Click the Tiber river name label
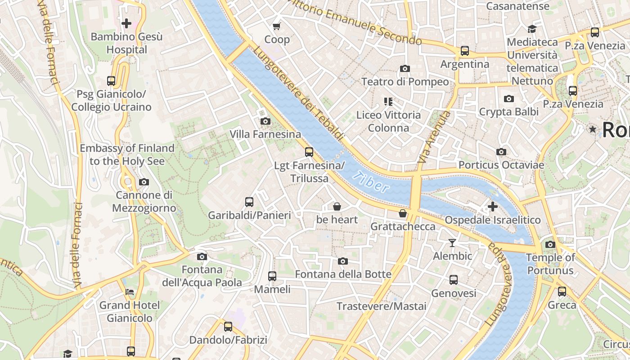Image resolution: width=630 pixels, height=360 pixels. pyautogui.click(x=371, y=181)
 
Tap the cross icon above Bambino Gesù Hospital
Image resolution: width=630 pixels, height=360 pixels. pyautogui.click(x=126, y=23)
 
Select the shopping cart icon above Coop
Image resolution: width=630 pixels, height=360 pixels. pyautogui.click(x=277, y=27)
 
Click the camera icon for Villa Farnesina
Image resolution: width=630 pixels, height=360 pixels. pyautogui.click(x=265, y=121)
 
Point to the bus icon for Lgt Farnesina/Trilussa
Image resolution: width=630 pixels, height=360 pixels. pyautogui.click(x=309, y=152)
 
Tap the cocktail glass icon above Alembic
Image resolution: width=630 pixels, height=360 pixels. pyautogui.click(x=452, y=243)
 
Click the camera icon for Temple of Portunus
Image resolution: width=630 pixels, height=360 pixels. pyautogui.click(x=550, y=244)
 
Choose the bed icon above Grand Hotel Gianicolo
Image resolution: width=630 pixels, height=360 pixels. pyautogui.click(x=130, y=292)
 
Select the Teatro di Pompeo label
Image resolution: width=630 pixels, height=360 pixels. pyautogui.click(x=405, y=82)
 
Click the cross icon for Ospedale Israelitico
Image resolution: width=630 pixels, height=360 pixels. pyautogui.click(x=493, y=207)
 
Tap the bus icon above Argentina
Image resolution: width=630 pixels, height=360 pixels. pyautogui.click(x=464, y=51)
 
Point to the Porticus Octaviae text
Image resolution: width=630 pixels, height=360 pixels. pyautogui.click(x=501, y=165)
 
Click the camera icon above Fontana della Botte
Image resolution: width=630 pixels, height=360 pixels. pyautogui.click(x=343, y=261)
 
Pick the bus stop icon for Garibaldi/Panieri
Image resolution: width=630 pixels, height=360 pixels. pyautogui.click(x=249, y=202)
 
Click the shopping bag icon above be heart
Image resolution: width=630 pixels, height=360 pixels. pyautogui.click(x=337, y=207)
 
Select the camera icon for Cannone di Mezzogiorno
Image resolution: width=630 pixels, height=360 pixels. pyautogui.click(x=144, y=182)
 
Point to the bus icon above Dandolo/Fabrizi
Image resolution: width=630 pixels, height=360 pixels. pyautogui.click(x=228, y=327)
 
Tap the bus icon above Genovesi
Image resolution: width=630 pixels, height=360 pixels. pyautogui.click(x=454, y=280)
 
